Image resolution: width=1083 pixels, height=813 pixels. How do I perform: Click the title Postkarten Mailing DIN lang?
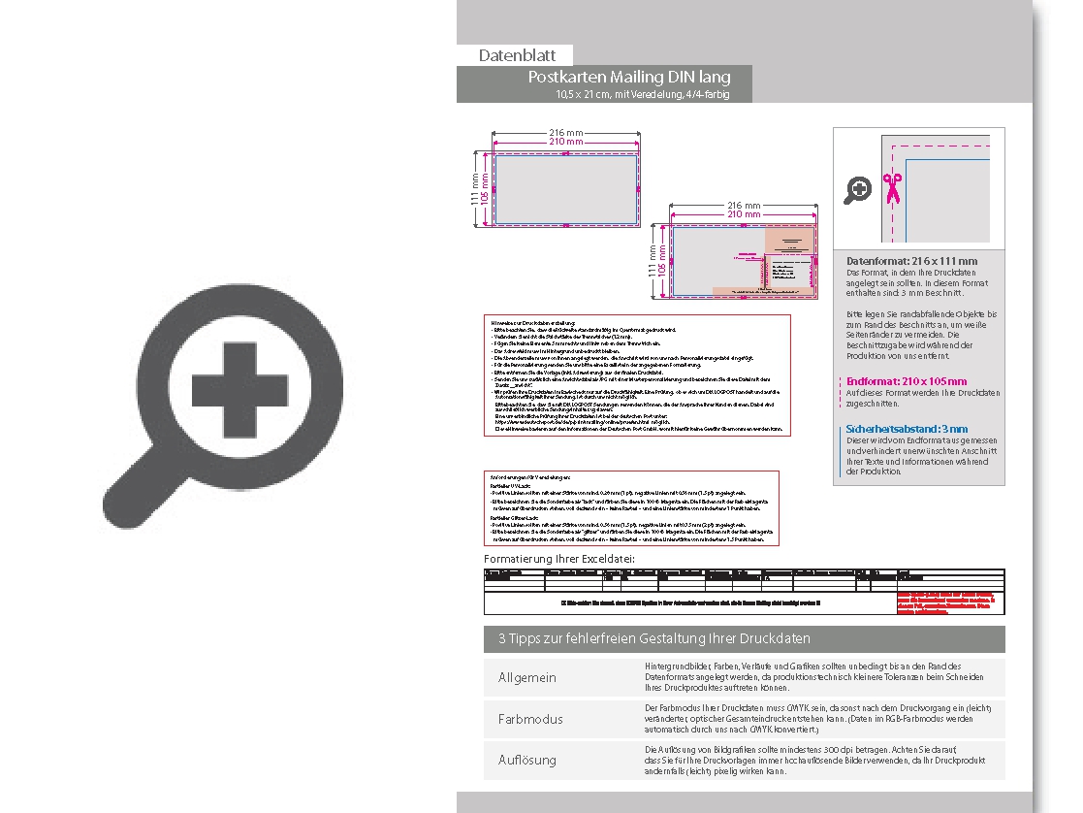[628, 77]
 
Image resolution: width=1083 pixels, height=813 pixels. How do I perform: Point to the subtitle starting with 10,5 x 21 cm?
[642, 94]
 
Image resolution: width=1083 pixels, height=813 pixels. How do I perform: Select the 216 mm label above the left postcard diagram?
[566, 132]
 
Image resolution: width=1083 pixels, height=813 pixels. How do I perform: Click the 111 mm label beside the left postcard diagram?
[476, 189]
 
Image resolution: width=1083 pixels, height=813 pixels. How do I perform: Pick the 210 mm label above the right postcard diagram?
[743, 215]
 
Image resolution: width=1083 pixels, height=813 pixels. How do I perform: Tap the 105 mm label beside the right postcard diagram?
[663, 261]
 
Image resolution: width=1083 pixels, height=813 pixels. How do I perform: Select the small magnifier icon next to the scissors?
[857, 190]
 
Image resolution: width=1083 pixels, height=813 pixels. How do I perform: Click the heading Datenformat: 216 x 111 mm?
[911, 261]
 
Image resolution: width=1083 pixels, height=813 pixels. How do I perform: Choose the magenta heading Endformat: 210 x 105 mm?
[907, 381]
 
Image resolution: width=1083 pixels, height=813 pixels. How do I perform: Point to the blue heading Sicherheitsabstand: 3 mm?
[907, 428]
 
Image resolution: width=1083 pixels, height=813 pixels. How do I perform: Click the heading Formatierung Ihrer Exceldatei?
[559, 559]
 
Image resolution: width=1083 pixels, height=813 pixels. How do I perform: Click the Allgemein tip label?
[527, 677]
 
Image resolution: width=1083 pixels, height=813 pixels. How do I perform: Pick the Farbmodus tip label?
[530, 719]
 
